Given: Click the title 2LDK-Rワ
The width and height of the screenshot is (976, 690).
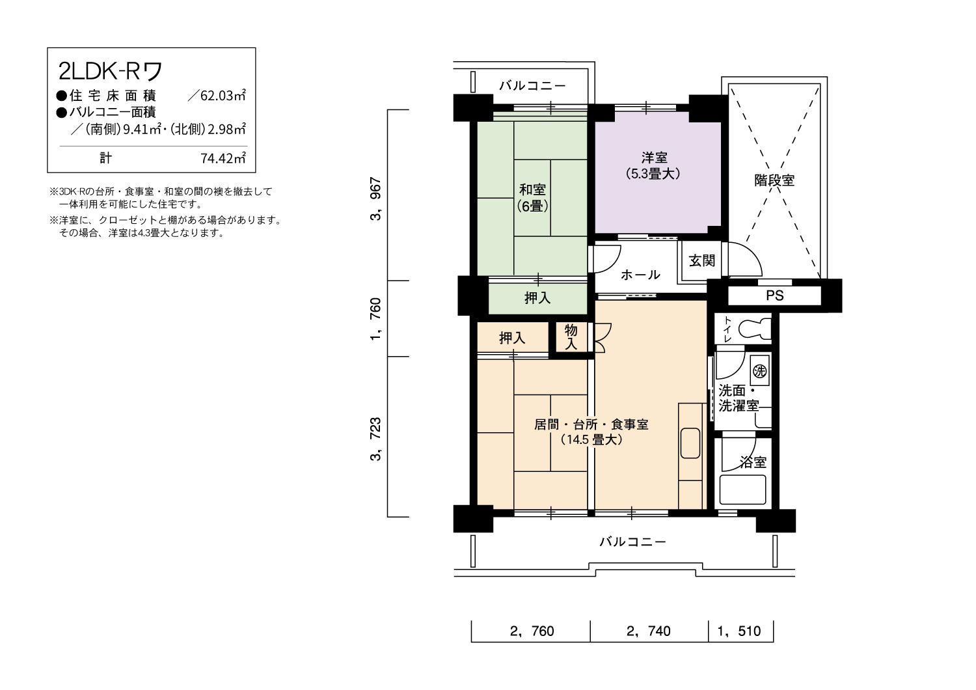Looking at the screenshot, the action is click(x=110, y=71).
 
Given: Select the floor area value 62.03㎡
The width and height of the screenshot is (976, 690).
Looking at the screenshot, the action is click(x=223, y=96).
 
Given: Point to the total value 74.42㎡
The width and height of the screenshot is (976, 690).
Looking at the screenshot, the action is click(x=223, y=158).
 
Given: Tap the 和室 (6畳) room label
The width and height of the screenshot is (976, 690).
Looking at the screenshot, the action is click(x=532, y=198).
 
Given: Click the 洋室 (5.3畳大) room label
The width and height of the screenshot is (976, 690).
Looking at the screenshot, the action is click(x=654, y=165).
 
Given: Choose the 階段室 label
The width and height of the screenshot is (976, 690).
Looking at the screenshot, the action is click(x=774, y=180).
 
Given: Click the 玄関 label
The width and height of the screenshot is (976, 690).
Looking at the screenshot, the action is click(x=701, y=260).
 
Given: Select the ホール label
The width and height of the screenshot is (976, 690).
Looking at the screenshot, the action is click(x=640, y=275).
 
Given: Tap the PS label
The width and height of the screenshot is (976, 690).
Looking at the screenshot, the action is click(x=775, y=296).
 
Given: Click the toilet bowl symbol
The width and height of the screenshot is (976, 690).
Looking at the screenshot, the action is click(x=755, y=329).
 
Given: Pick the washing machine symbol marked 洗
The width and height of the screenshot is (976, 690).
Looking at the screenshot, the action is click(x=760, y=371).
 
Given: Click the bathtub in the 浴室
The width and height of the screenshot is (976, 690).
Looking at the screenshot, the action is click(x=742, y=490).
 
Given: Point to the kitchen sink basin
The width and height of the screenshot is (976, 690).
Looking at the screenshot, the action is click(x=690, y=443).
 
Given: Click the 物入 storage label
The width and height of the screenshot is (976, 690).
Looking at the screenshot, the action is click(x=571, y=337).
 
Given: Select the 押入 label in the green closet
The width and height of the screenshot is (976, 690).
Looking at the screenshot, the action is click(x=537, y=298).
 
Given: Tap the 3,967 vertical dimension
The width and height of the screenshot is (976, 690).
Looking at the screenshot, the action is click(x=375, y=199).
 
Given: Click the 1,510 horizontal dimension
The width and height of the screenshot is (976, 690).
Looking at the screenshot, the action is click(x=739, y=631).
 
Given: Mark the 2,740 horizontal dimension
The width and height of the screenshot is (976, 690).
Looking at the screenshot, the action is click(x=648, y=631).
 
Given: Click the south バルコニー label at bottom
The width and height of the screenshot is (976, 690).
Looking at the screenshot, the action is click(x=632, y=542).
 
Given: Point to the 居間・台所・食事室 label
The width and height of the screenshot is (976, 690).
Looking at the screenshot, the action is click(x=591, y=424).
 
